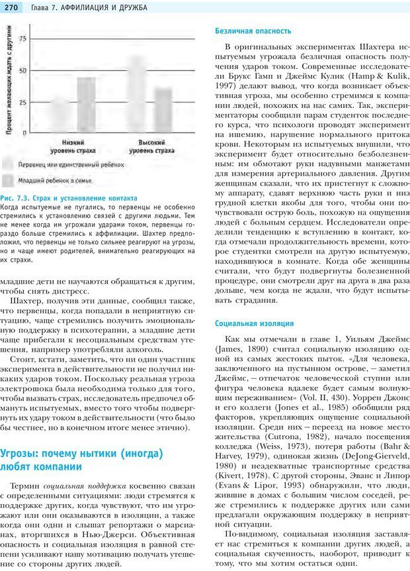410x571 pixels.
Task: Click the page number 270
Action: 13,7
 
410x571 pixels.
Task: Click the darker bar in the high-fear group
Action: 163,109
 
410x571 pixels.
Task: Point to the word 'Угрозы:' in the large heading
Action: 26,454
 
